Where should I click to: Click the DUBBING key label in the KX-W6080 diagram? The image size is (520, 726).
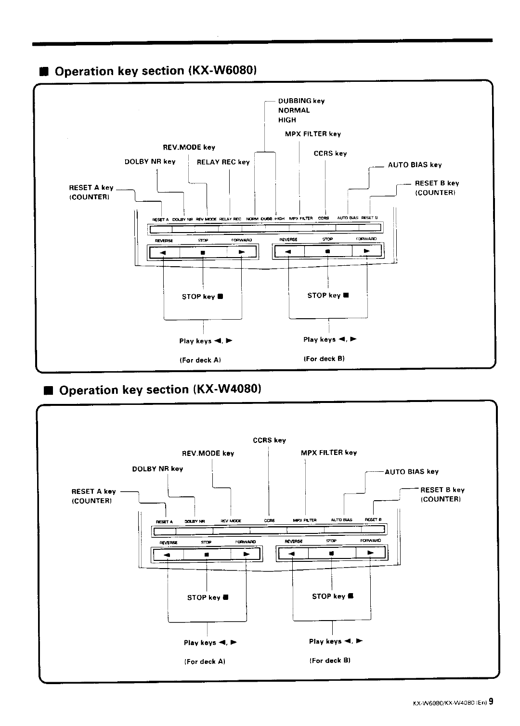[301, 101]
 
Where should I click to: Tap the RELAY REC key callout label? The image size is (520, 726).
[223, 162]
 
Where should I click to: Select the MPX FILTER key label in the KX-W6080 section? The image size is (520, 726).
[312, 134]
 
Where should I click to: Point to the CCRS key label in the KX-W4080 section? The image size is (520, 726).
[269, 440]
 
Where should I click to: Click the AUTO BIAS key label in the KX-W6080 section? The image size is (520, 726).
[415, 165]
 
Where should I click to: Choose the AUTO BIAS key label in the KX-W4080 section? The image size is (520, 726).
[412, 472]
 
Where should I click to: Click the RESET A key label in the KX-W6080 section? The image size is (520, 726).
[91, 188]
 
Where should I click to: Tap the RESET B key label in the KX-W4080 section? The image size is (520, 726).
[442, 490]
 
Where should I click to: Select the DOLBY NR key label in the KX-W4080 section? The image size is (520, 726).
[157, 469]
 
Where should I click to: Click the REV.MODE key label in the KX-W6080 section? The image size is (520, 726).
[189, 147]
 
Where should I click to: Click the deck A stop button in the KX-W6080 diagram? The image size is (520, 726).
[203, 252]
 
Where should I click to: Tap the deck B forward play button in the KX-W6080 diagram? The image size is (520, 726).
[367, 251]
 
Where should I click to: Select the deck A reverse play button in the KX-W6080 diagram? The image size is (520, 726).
[164, 252]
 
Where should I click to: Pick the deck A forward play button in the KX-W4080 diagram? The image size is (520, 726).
[246, 554]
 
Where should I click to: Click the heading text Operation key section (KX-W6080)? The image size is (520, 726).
[154, 71]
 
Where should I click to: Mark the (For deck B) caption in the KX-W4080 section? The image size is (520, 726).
[329, 661]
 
